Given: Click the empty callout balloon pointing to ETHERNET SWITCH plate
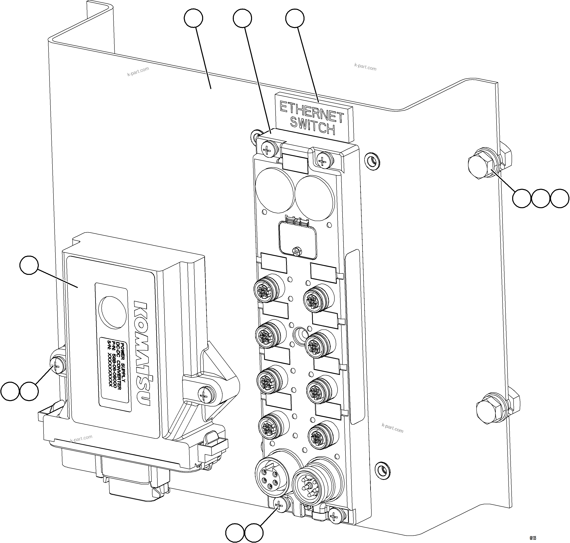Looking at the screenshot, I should point(295,18).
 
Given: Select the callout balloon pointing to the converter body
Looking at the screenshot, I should point(29,265).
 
